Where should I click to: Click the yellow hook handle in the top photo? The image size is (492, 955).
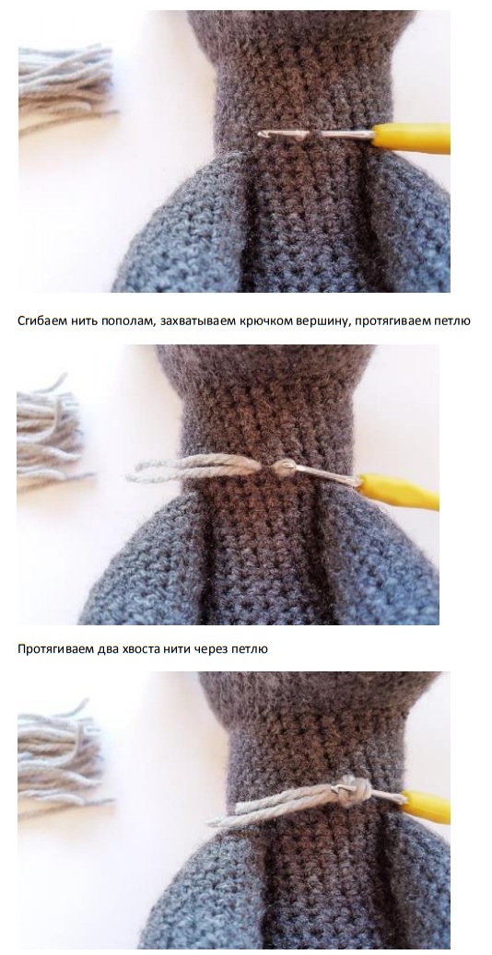(x=412, y=138)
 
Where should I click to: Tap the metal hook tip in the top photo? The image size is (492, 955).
(x=264, y=134)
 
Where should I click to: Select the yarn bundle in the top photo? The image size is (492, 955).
(x=65, y=89)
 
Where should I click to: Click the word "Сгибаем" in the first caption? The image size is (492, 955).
(x=39, y=320)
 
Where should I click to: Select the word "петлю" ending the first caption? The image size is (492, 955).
(x=451, y=320)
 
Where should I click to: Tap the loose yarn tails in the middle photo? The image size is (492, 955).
(x=195, y=468)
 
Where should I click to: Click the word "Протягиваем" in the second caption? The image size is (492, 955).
(x=55, y=649)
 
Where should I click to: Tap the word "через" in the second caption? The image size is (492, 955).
(x=211, y=649)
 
